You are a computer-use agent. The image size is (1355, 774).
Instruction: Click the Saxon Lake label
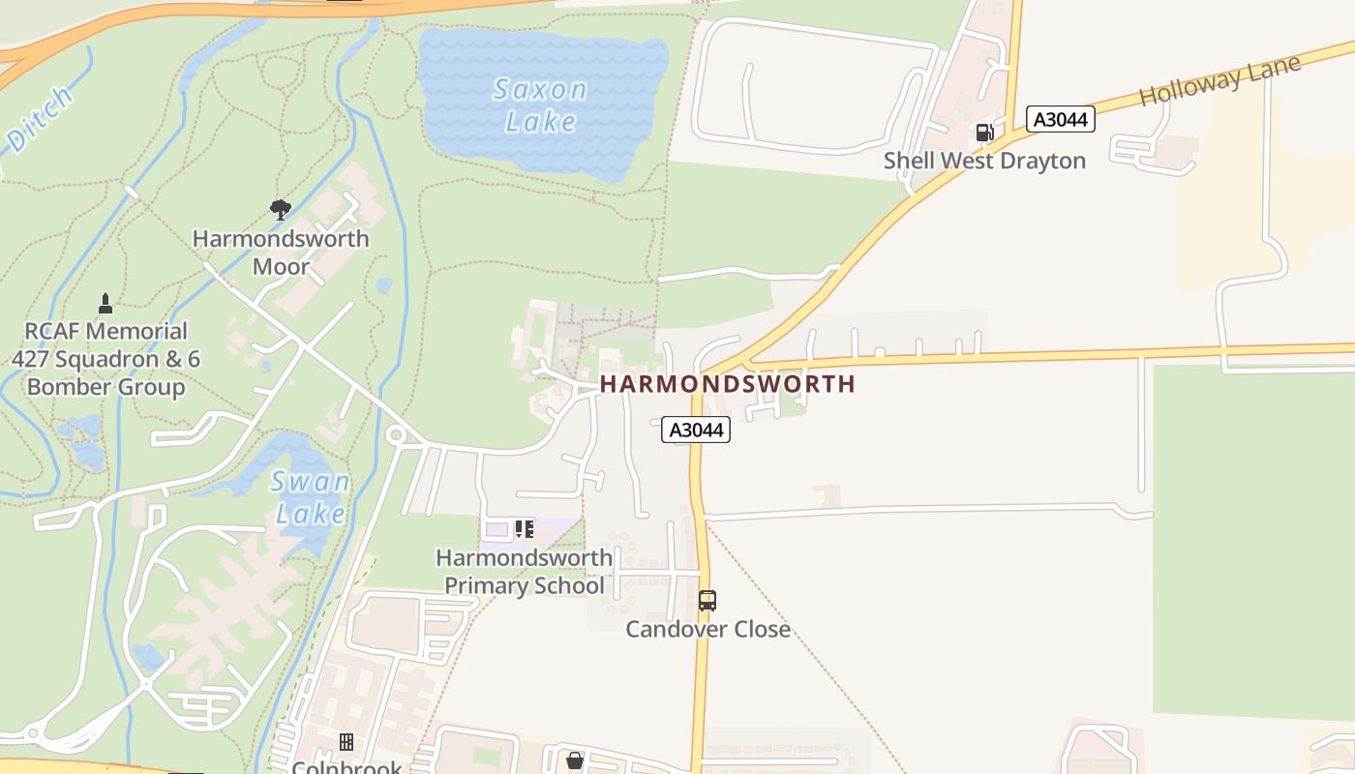(x=540, y=105)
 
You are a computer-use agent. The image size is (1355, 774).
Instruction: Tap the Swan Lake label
(x=310, y=497)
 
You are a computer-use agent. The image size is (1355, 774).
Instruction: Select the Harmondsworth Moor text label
(x=281, y=253)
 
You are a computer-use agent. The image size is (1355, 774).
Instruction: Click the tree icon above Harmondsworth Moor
(x=281, y=209)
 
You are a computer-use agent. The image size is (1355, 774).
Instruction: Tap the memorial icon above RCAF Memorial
(x=105, y=304)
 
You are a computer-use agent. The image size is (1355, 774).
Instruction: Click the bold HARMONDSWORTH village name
(x=727, y=384)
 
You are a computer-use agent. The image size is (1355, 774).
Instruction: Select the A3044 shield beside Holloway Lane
(x=1060, y=119)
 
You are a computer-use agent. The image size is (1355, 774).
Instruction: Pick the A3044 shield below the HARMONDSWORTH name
(x=696, y=430)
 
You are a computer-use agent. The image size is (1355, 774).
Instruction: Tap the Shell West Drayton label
(x=984, y=161)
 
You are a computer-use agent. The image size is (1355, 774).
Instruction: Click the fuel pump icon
(x=984, y=133)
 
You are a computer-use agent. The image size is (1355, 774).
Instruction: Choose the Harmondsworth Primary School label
(x=524, y=572)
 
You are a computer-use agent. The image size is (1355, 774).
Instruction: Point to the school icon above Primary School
(x=524, y=529)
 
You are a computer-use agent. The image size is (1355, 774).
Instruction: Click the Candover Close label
(x=708, y=629)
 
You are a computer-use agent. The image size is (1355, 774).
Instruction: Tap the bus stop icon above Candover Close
(x=708, y=601)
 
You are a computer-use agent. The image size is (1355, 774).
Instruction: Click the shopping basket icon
(x=575, y=760)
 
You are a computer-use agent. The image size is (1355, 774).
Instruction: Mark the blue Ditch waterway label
(x=39, y=121)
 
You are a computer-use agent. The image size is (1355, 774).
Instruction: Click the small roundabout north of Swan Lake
(x=395, y=436)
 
